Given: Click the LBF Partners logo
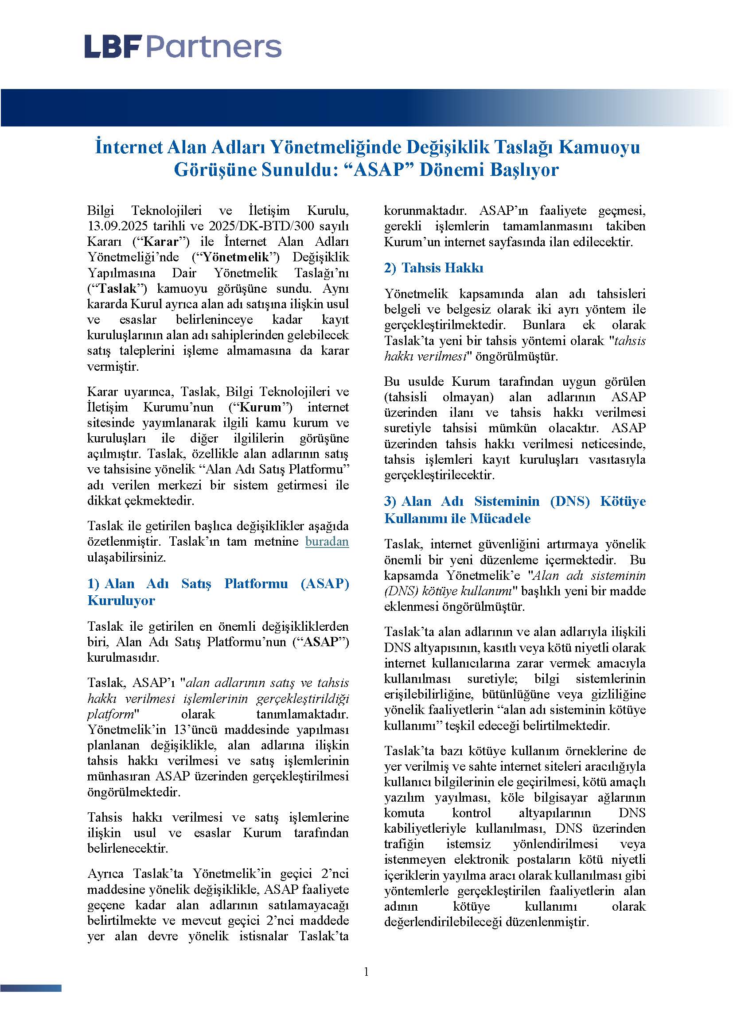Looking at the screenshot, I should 183,47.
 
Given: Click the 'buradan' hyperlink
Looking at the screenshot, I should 327,541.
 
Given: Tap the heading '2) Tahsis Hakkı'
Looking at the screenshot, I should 433,268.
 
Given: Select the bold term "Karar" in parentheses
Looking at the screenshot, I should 160,242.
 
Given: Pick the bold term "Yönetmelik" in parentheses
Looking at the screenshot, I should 236,257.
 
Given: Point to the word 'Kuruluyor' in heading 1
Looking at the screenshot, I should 121,601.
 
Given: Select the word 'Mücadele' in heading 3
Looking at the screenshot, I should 500,519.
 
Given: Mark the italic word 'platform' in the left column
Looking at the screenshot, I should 111,714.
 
